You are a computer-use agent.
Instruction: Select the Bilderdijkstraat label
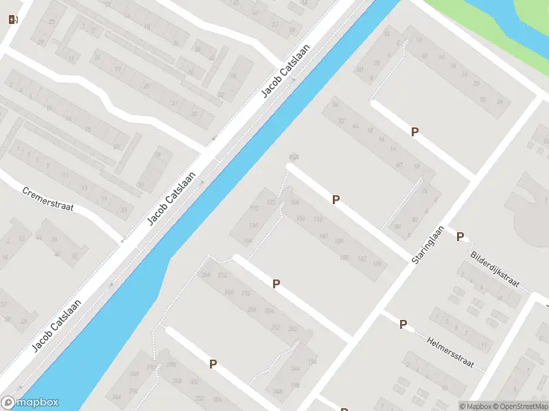tap(495, 269)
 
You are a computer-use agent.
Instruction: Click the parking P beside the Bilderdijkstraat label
tap(460, 237)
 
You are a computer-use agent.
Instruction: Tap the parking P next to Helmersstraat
tap(404, 324)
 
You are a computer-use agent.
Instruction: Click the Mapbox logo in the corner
tap(30, 403)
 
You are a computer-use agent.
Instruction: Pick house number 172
tap(254, 209)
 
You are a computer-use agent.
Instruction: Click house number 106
tap(296, 203)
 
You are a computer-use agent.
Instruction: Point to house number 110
tap(317, 219)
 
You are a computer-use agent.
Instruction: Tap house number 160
tap(324, 236)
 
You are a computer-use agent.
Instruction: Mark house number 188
tap(344, 258)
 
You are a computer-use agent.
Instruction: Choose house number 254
tap(252, 309)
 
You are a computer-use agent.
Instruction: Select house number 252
tap(276, 327)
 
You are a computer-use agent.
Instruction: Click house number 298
tap(170, 364)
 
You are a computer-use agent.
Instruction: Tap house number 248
tap(278, 391)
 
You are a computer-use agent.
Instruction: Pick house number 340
tap(134, 374)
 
